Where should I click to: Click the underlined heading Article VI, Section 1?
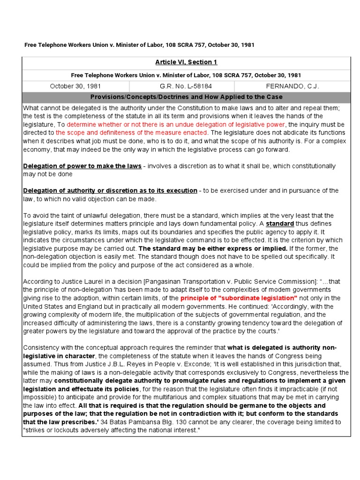[x=186, y=62]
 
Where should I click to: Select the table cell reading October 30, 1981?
[x=75, y=86]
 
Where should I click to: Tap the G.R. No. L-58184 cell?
[x=181, y=86]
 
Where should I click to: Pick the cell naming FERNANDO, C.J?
[x=292, y=86]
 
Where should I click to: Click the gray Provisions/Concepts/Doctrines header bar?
[x=186, y=97]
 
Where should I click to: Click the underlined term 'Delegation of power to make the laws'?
[x=82, y=166]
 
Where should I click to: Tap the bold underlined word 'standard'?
[x=280, y=224]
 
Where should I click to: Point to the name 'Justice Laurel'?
[x=77, y=281]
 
